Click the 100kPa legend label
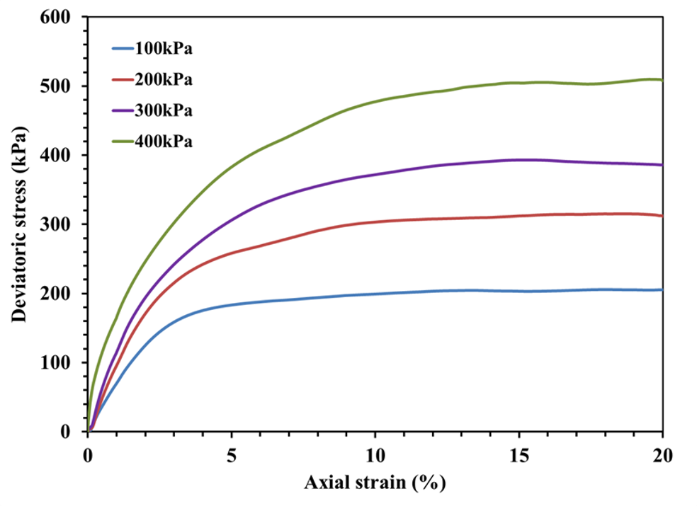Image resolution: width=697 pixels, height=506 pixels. (164, 49)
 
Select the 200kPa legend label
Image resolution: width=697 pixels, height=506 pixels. (164, 80)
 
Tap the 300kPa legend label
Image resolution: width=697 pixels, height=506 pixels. (164, 111)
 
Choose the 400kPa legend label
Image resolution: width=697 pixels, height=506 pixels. (164, 142)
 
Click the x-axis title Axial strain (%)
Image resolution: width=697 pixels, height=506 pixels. (375, 484)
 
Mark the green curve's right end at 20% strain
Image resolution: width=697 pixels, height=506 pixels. (662, 80)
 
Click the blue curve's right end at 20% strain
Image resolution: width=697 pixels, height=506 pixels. (662, 289)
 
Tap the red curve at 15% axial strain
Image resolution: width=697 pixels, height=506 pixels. (518, 216)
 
